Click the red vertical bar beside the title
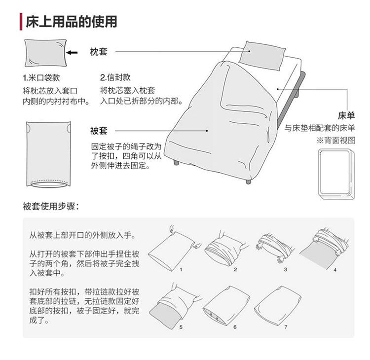[21, 22]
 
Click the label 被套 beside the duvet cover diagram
[99, 131]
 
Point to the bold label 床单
[346, 115]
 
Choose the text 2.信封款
[115, 78]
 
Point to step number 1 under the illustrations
[181, 270]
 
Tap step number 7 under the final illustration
[286, 326]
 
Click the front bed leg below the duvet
[248, 180]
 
